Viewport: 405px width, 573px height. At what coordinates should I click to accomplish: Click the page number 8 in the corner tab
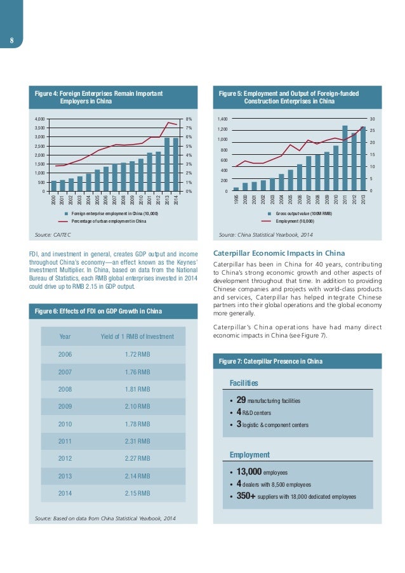(x=11, y=43)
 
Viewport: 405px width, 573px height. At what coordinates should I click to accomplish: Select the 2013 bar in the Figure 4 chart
(x=167, y=165)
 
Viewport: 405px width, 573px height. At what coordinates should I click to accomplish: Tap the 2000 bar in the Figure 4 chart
(x=54, y=186)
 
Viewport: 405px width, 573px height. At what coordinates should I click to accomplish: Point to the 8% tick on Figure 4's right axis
(x=189, y=119)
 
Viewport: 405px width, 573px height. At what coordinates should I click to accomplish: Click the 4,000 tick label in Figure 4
(x=39, y=119)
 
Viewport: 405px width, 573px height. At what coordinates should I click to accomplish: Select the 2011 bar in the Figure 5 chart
(x=345, y=159)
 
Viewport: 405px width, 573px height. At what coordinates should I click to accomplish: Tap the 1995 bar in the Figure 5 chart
(x=236, y=189)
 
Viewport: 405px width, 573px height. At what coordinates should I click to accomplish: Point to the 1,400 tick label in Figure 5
(x=222, y=119)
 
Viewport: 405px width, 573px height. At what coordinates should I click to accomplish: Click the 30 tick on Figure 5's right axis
(x=373, y=119)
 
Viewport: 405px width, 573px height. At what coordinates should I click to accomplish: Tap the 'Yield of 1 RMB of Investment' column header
(x=137, y=336)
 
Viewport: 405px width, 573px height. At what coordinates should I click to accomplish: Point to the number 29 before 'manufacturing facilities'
(x=241, y=400)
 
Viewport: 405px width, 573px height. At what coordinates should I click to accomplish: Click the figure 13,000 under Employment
(x=249, y=472)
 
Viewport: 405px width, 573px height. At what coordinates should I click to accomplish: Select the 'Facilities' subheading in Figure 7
(x=244, y=383)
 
